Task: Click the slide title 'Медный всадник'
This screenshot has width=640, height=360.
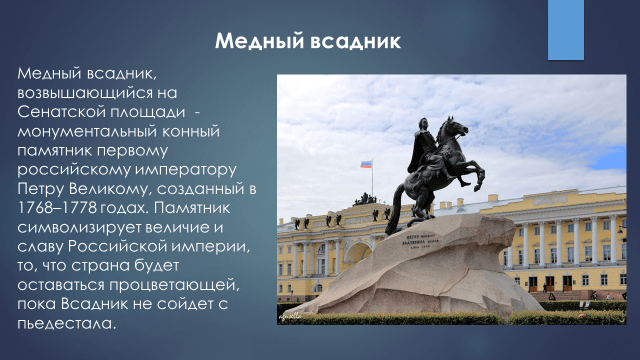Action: [308, 42]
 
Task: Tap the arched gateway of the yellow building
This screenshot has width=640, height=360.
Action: [357, 255]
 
